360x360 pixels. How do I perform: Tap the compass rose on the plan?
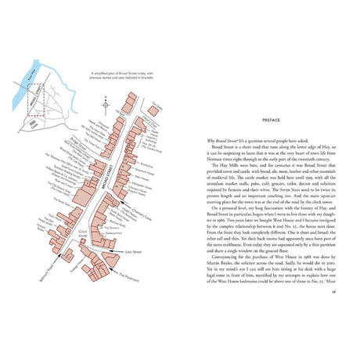pyautogui.click(x=105, y=103)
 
